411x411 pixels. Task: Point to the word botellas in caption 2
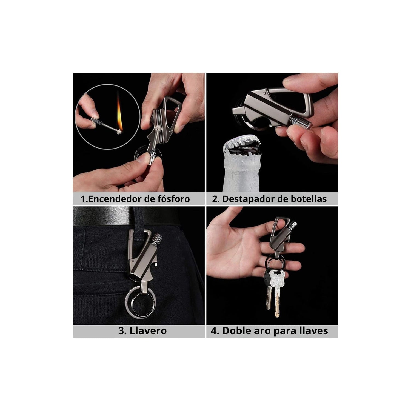308,199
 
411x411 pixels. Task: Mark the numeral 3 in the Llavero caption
121,330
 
